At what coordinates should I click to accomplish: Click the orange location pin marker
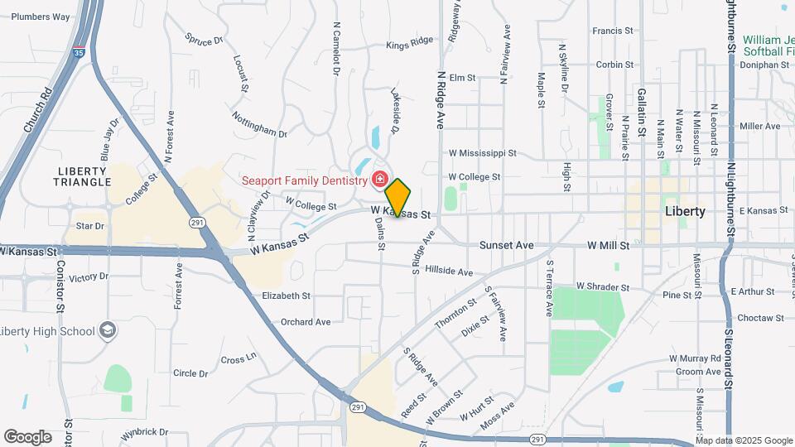coord(398,198)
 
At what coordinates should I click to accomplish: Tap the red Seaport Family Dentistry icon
coord(379,179)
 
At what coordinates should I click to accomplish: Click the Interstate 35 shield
coord(78,50)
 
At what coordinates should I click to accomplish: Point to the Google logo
coord(27,437)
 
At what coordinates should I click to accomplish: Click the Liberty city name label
coord(686,211)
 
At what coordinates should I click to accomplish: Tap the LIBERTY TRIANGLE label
coord(84,176)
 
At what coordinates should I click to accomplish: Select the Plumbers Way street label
coord(41,17)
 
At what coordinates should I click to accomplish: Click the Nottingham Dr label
coord(259,123)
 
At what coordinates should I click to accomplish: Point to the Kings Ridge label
coord(409,41)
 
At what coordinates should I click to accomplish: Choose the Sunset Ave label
coord(507,246)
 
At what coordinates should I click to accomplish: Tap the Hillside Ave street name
coord(449,271)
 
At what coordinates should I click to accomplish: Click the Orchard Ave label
coord(306,322)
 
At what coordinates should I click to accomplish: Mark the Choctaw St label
coord(760,318)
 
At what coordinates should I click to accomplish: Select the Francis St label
coord(613,31)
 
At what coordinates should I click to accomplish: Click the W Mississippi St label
coord(482,153)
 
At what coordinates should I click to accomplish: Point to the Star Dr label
coord(89,225)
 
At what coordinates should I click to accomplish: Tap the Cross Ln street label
coord(239,359)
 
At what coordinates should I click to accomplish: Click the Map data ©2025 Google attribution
coord(744,440)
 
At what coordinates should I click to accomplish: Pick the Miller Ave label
coord(760,127)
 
